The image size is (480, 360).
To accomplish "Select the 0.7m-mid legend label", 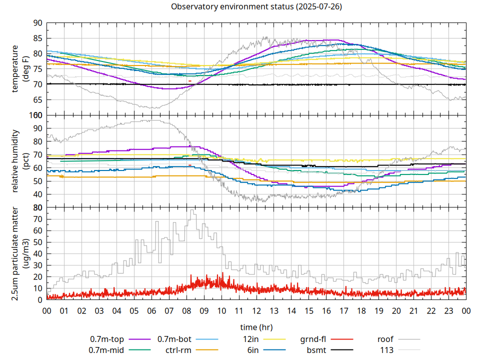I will coord(107,350).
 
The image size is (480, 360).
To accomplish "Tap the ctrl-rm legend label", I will coord(178,350).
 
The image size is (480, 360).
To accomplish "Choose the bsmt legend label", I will coord(316,350).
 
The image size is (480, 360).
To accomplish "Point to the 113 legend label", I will coord(387,350).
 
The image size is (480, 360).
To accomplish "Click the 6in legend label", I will coord(253,350).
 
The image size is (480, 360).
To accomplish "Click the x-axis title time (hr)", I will coord(256,327).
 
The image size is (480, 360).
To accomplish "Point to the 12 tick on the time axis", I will coord(256,310).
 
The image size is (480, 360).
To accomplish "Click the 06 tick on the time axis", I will coord(151,310).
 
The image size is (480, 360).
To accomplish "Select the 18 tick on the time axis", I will coord(361,310).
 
